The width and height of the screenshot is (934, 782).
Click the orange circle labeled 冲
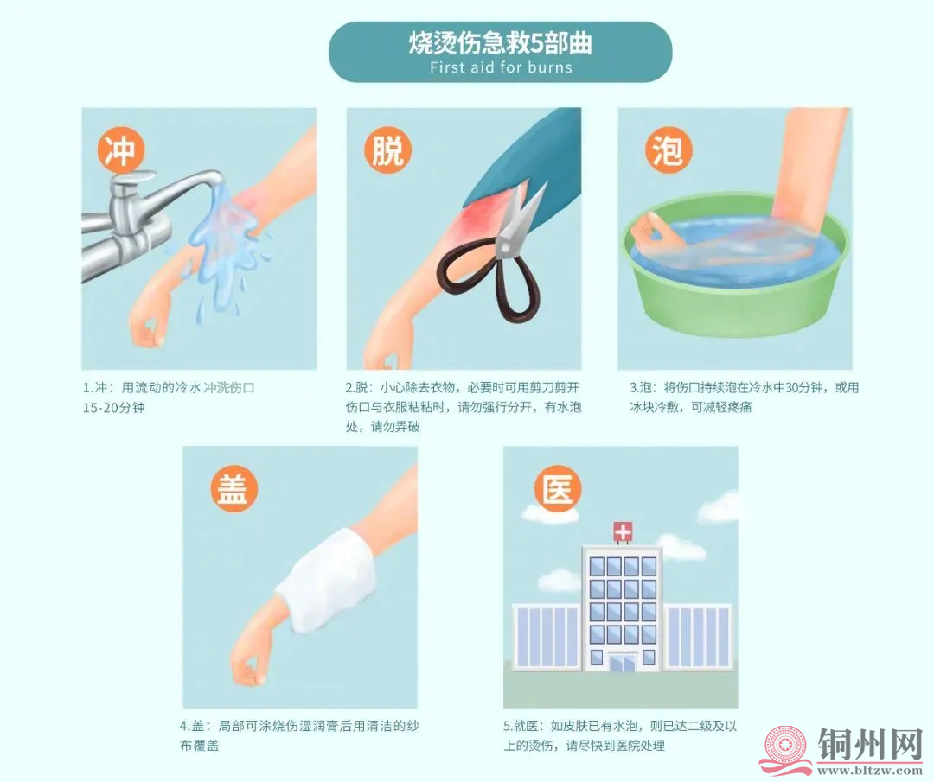pos(120,149)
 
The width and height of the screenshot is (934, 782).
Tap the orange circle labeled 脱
pos(386,149)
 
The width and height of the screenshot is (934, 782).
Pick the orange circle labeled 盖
pos(232,488)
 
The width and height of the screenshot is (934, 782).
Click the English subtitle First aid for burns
pos(501,67)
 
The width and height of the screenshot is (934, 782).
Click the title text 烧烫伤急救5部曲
pos(501,44)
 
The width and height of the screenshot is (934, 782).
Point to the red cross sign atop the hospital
pos(622,531)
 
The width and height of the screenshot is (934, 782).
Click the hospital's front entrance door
pos(622,664)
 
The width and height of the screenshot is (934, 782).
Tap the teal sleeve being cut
pos(536,164)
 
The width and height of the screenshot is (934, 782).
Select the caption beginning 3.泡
pos(744,397)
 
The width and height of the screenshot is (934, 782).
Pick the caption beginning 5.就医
pos(619,735)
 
